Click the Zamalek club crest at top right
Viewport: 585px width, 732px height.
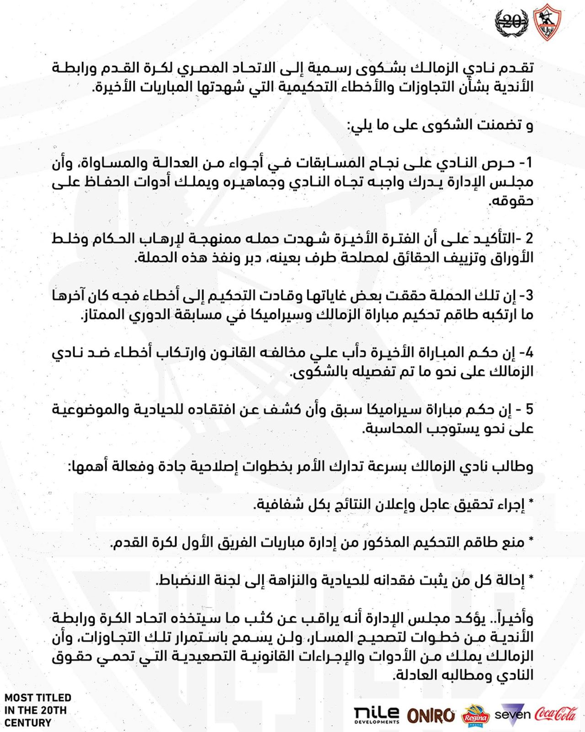(547, 22)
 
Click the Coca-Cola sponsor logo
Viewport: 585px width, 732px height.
(556, 714)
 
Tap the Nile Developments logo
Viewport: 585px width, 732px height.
(376, 715)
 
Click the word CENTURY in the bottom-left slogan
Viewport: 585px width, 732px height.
(28, 723)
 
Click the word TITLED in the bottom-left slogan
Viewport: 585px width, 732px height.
(54, 698)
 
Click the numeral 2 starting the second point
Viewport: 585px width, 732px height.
(529, 239)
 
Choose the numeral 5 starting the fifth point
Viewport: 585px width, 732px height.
(529, 409)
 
